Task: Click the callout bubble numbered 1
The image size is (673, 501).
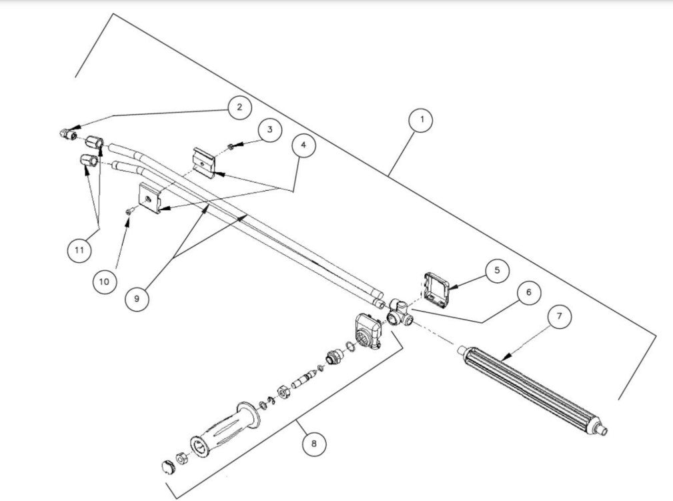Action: [x=421, y=121]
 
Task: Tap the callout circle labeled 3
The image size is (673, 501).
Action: [x=269, y=129]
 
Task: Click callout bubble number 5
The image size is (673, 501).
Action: [x=497, y=270]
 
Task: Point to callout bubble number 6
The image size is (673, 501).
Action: [x=528, y=293]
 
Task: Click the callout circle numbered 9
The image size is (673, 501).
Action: [x=137, y=298]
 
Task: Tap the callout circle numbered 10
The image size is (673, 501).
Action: [x=104, y=282]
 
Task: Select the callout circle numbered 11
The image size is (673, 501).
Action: [x=79, y=250]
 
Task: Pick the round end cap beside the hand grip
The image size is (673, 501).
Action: [x=167, y=466]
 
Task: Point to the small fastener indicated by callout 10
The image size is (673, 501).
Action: [x=129, y=211]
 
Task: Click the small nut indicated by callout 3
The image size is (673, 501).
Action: [x=229, y=146]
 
